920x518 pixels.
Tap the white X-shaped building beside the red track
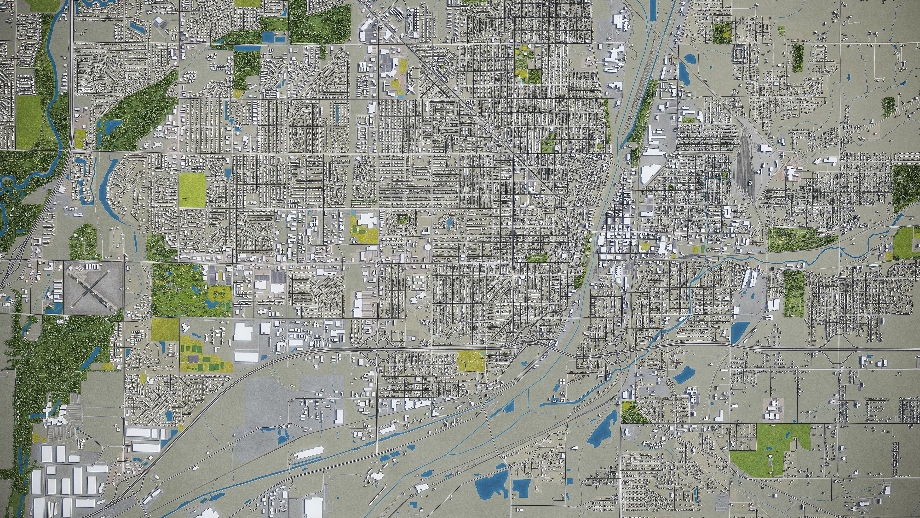pyautogui.click(x=411, y=89)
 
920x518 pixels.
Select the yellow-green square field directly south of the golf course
pyautogui.click(x=165, y=329)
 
